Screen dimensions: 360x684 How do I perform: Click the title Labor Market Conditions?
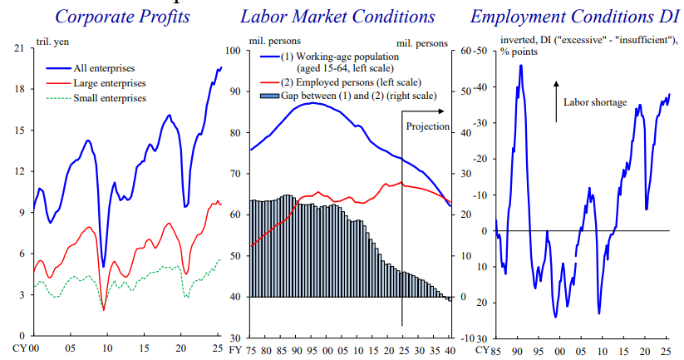pos(337,17)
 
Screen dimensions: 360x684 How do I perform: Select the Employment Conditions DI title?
pos(570,17)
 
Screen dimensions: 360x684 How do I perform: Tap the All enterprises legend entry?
pos(104,67)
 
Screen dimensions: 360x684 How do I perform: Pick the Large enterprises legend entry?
pos(108,82)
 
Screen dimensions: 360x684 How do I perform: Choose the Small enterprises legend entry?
pos(110,97)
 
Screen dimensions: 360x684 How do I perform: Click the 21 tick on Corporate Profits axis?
pos(18,49)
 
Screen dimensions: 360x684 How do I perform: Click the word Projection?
pos(428,126)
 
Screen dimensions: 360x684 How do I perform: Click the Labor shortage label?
pos(594,102)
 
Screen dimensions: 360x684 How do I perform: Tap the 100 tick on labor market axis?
pos(234,51)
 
